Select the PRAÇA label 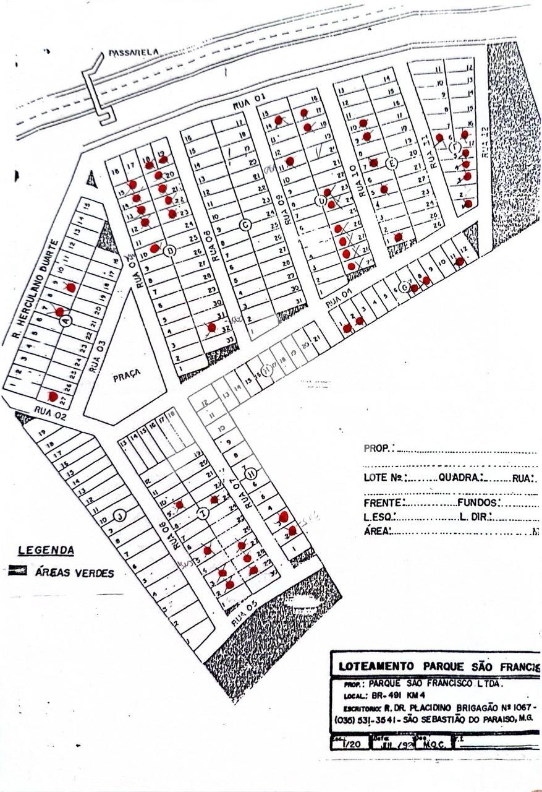coord(127,373)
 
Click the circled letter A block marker coord(67,321)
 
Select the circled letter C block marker coord(245,225)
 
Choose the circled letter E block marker coord(390,163)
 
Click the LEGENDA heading coord(46,550)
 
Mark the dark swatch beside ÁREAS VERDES coord(17,571)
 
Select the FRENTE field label coord(384,503)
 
